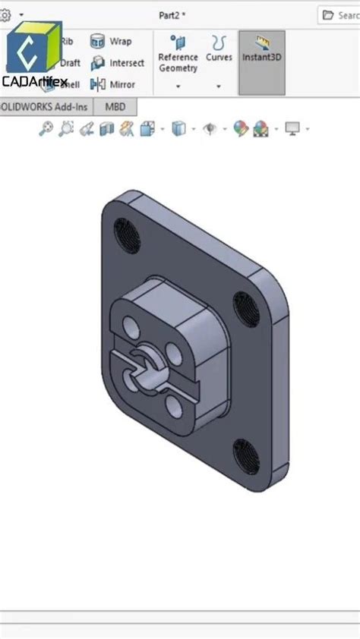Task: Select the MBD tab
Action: (x=115, y=107)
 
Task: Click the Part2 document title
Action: (x=172, y=14)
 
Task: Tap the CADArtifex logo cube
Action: (x=33, y=49)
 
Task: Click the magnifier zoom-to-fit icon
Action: (x=46, y=129)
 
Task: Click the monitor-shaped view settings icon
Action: (x=292, y=129)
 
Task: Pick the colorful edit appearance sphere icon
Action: (x=241, y=129)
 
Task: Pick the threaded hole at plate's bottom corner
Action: (x=245, y=453)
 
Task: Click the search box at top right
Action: (x=339, y=14)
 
